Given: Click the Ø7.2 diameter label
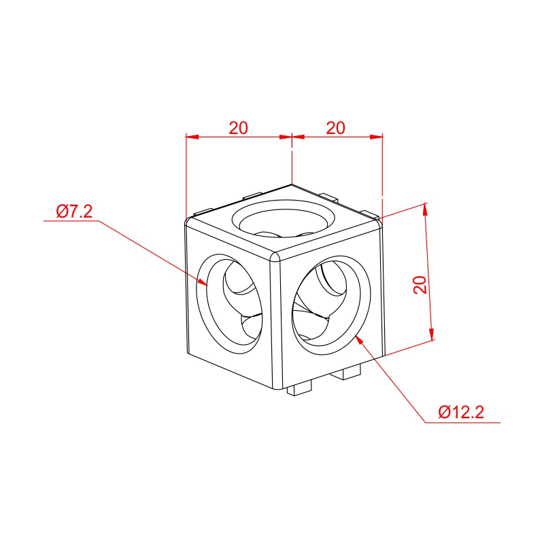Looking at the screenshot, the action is pyautogui.click(x=74, y=211).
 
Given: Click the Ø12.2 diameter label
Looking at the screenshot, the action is pyautogui.click(x=461, y=412).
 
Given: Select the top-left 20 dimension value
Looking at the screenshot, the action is pyautogui.click(x=239, y=128).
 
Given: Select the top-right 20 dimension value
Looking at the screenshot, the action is pyautogui.click(x=335, y=128).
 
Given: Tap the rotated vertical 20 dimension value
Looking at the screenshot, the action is pyautogui.click(x=420, y=284).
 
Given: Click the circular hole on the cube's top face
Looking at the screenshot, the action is pyautogui.click(x=284, y=218).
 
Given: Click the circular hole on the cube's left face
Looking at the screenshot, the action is pyautogui.click(x=230, y=304).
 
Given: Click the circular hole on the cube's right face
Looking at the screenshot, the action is pyautogui.click(x=331, y=305).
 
